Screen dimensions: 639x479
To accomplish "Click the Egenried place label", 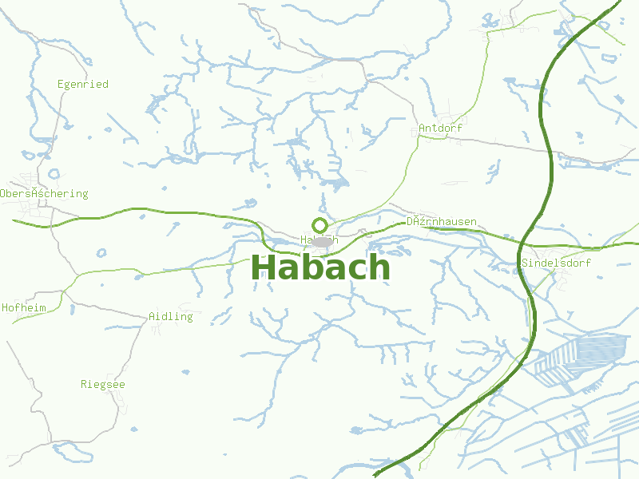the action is [x=83, y=84].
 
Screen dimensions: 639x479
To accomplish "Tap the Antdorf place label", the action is [x=440, y=128].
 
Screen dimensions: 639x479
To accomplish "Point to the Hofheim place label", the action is [x=24, y=307].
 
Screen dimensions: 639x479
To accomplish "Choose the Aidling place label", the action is [x=171, y=316].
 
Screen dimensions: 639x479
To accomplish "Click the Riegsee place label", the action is [x=103, y=384].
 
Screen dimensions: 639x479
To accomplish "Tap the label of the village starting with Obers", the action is [x=44, y=193].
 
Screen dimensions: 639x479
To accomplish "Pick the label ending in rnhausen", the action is [x=442, y=221].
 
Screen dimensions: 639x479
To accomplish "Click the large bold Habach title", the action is [x=321, y=267].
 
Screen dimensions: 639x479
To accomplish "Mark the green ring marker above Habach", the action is [x=319, y=225].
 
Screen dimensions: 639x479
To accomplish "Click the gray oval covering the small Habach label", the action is [x=323, y=241].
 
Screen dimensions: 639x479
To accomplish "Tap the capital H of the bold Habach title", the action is [x=265, y=267].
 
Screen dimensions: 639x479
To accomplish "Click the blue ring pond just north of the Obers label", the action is [x=54, y=173].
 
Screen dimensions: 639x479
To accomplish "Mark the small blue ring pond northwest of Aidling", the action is [x=101, y=253].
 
